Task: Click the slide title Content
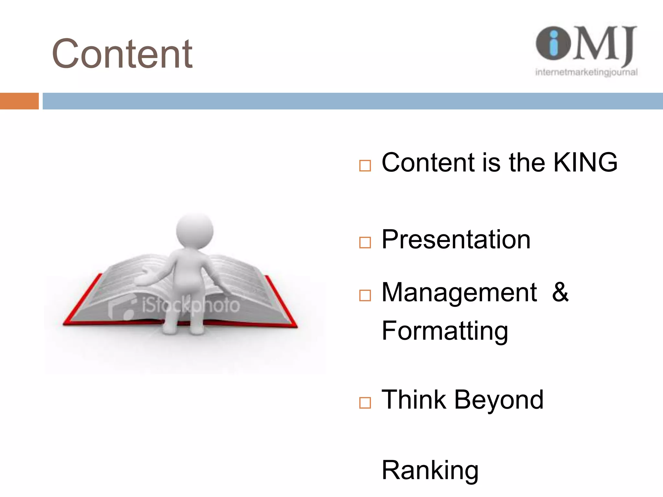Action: tap(122, 54)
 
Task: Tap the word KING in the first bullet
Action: tap(585, 162)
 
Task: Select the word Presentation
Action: tap(456, 239)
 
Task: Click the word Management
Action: tap(459, 293)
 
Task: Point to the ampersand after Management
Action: tap(560, 292)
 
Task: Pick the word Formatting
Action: tap(445, 331)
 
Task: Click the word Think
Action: tap(414, 400)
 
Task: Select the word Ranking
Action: tap(430, 470)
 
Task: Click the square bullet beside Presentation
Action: tap(365, 242)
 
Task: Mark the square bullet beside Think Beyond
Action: tap(365, 403)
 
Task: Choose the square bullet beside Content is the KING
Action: tap(365, 166)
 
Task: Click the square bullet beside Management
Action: tap(365, 295)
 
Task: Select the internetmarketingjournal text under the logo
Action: tap(586, 72)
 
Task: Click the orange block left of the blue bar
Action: tap(19, 101)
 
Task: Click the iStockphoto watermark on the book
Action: tap(191, 305)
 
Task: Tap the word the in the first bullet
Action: tap(527, 162)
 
